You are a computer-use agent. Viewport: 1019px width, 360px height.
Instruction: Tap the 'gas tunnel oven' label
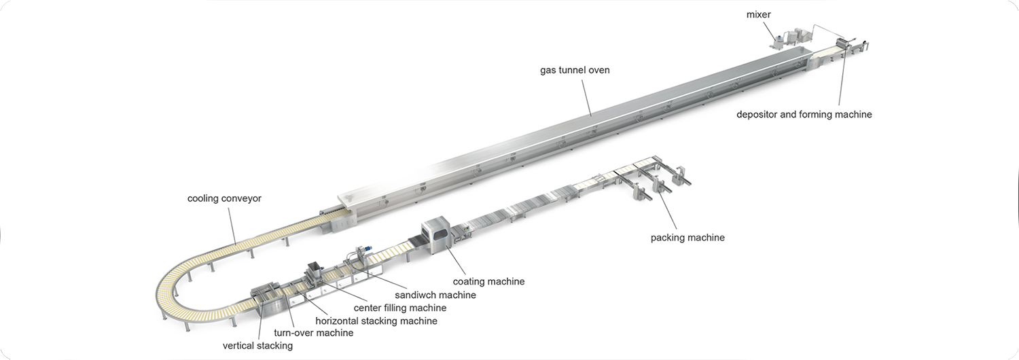tap(575, 70)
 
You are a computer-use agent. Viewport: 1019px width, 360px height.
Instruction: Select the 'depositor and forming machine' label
tap(804, 115)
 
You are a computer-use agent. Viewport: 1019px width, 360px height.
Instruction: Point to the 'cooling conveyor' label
tap(224, 198)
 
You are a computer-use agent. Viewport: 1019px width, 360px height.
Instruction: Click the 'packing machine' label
tap(687, 238)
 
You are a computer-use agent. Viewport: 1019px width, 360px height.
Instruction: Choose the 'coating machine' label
tap(488, 281)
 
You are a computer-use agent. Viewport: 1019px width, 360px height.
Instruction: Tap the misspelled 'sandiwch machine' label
tap(435, 295)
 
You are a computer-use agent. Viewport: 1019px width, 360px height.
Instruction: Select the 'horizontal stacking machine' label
tap(376, 321)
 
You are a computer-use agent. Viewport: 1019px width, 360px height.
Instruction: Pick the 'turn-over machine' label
tap(313, 333)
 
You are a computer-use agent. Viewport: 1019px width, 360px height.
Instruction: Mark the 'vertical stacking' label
tap(257, 346)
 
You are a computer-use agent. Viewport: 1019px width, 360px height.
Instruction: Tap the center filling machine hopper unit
tap(314, 271)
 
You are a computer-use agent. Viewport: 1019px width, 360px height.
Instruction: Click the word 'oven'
tap(598, 70)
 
